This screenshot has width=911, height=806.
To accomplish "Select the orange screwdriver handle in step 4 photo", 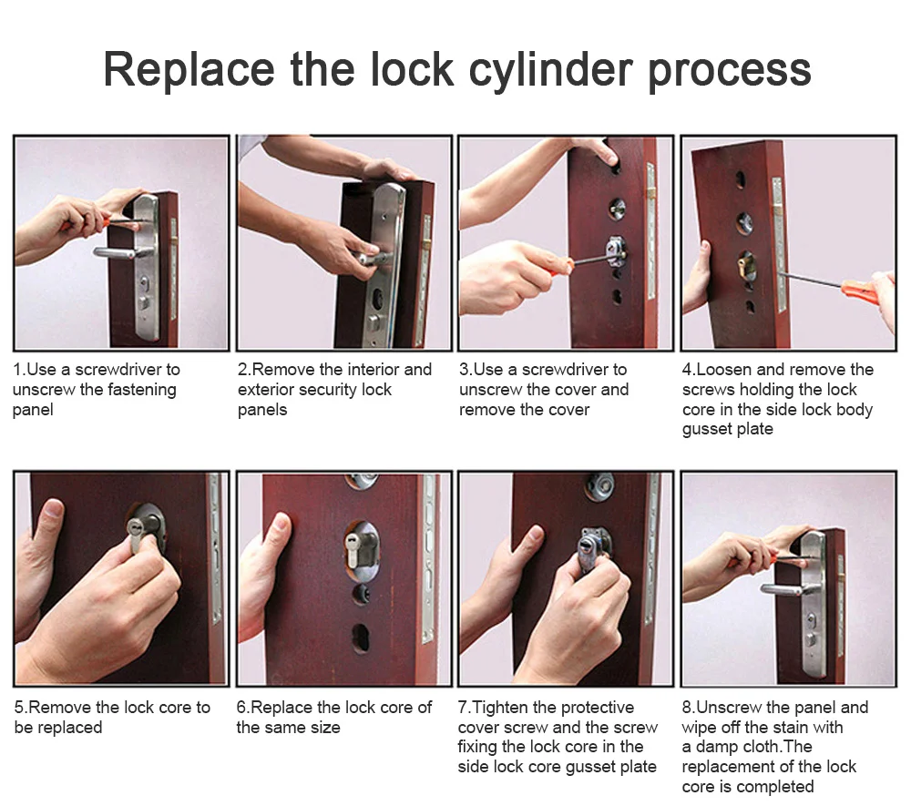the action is pyautogui.click(x=859, y=287).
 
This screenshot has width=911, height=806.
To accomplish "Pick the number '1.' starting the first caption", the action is pyautogui.click(x=19, y=370).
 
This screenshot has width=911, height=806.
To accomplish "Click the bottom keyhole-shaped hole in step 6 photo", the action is pyautogui.click(x=360, y=638).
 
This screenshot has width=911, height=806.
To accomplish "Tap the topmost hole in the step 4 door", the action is pyautogui.click(x=740, y=179).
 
